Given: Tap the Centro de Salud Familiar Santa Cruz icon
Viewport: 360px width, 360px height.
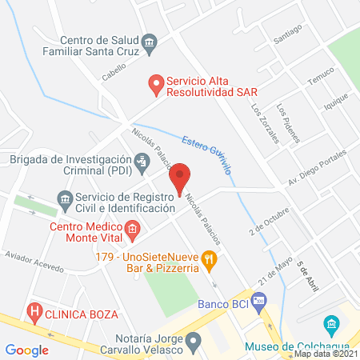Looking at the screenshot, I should pyautogui.click(x=148, y=42).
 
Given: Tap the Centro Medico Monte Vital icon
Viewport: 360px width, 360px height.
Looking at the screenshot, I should pyautogui.click(x=134, y=233).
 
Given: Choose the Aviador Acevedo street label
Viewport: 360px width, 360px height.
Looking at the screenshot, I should pyautogui.click(x=34, y=262).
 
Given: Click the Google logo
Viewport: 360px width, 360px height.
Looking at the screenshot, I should pyautogui.click(x=27, y=349).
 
